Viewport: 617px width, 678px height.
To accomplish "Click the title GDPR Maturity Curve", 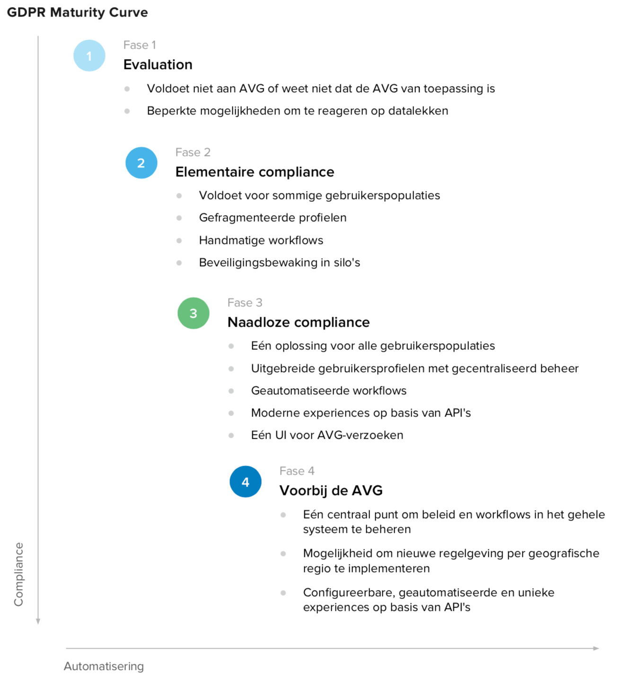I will pos(77,12).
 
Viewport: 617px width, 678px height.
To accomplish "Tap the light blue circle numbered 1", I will pos(89,56).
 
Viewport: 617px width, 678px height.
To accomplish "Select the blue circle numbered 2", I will pos(141,163).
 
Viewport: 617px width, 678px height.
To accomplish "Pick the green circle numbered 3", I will pos(193,313).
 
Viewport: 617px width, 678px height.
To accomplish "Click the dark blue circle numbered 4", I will pos(245,482).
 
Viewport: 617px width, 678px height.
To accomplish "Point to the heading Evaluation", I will pos(158,65).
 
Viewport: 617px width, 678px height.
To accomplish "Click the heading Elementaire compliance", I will pos(255,172).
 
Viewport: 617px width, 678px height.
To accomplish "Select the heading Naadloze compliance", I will pos(298,322).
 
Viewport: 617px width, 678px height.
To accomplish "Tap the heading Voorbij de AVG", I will pos(331,491).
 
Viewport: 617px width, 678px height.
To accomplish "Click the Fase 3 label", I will pos(245,303).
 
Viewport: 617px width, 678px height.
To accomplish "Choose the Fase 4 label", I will pos(297,471).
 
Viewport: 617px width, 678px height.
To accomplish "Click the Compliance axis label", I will pos(18,574).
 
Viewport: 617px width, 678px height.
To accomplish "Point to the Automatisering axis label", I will pos(104,666).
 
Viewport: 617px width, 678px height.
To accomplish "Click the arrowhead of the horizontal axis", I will pos(596,648).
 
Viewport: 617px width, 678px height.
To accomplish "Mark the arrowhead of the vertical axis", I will pos(38,621).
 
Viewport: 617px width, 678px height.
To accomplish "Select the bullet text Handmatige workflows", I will pos(261,240).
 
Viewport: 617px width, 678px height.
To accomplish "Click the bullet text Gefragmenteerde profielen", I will pos(273,218).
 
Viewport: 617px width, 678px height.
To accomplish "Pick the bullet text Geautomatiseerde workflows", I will pos(328,391).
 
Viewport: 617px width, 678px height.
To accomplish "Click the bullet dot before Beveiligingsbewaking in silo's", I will pos(179,263).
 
